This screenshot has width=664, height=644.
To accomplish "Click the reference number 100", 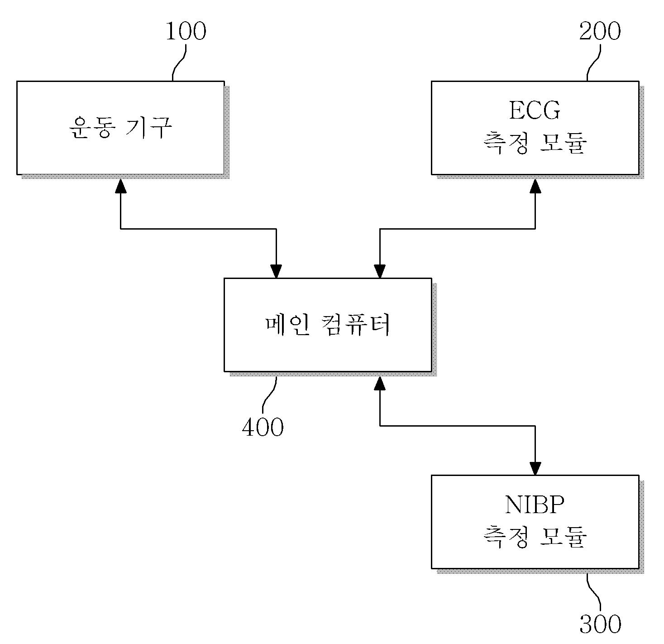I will (x=186, y=32).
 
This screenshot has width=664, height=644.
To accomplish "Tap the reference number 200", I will (x=600, y=32).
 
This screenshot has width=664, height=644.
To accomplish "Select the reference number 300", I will (x=600, y=624).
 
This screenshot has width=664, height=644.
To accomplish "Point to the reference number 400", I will (x=263, y=427).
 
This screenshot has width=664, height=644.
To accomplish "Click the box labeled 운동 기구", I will (x=120, y=154).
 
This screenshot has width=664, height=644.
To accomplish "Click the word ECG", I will (x=535, y=111).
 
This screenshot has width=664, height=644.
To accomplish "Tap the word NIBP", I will (x=535, y=505).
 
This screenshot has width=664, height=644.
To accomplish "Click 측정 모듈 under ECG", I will (x=535, y=144).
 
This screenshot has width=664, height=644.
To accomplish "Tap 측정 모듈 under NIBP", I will (x=535, y=538).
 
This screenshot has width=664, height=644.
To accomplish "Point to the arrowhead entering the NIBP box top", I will (x=535, y=468).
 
